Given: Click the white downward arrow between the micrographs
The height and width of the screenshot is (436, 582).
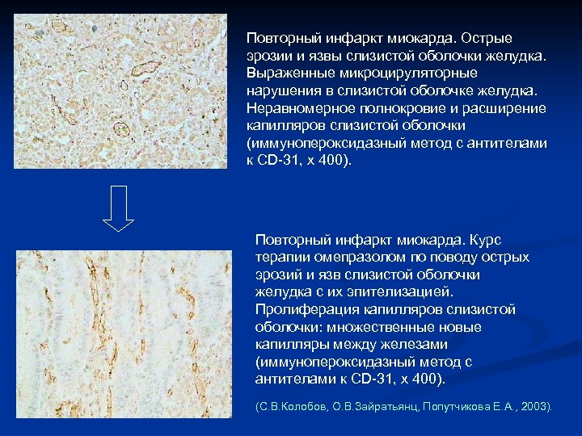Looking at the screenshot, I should coord(118,208).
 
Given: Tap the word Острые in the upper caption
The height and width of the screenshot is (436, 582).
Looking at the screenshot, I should coord(487,38).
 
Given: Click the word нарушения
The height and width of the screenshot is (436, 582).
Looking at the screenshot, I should coord(281,90).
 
